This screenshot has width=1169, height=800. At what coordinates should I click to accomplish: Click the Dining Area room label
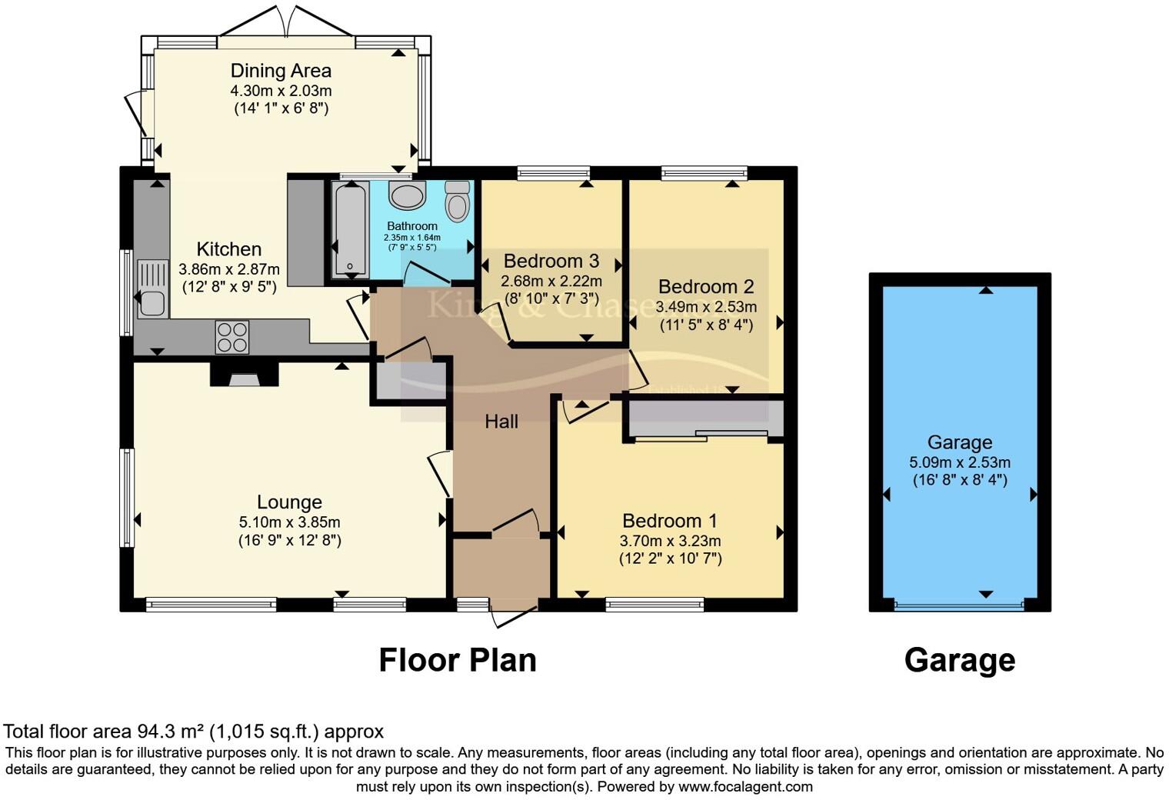tap(281, 71)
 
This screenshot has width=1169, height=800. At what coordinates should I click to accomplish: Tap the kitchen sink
tap(152, 289)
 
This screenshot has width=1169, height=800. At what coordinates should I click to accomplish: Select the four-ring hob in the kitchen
tap(232, 337)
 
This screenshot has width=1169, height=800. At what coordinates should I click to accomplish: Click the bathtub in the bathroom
tap(351, 229)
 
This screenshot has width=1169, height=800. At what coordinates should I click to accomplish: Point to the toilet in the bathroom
tap(458, 202)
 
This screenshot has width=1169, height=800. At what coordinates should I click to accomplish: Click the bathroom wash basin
tap(407, 195)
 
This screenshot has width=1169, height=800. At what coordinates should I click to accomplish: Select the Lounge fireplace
tap(245, 376)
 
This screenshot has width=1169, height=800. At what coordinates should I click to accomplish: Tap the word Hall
tap(501, 422)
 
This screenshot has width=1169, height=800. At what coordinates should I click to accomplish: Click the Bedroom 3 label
tap(551, 262)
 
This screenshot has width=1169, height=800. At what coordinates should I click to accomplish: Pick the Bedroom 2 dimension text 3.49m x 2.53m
tap(706, 307)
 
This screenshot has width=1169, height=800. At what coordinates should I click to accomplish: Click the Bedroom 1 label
tap(670, 521)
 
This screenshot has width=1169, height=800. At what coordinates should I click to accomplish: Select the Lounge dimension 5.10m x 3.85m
tap(289, 522)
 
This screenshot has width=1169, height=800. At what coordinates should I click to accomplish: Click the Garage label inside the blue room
tap(959, 442)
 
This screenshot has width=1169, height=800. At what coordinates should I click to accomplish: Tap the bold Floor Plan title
tap(458, 660)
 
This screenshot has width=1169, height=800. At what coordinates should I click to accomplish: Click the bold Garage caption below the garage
tap(959, 660)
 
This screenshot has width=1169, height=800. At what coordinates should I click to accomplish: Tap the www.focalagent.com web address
tap(745, 786)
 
